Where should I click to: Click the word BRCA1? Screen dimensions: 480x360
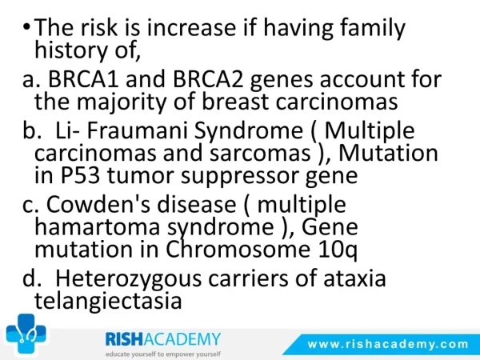click(x=83, y=79)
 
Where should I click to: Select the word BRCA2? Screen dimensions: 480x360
click(x=209, y=79)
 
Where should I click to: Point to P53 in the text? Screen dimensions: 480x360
click(x=80, y=175)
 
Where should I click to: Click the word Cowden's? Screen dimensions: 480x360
click(x=98, y=204)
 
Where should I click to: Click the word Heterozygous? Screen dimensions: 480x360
click(x=128, y=279)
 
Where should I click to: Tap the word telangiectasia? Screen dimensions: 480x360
click(x=108, y=302)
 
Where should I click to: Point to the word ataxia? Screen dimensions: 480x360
click(x=354, y=278)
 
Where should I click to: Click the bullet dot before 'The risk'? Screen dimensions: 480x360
click(x=26, y=27)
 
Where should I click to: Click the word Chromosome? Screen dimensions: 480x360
click(x=238, y=249)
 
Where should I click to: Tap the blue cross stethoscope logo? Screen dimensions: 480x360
click(x=26, y=334)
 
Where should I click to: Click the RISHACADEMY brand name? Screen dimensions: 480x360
click(x=163, y=339)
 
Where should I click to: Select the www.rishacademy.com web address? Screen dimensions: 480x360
click(x=388, y=344)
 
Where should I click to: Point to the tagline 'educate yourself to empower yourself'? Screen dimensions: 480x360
click(x=163, y=354)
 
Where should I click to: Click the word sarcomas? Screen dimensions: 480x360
click(x=260, y=154)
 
